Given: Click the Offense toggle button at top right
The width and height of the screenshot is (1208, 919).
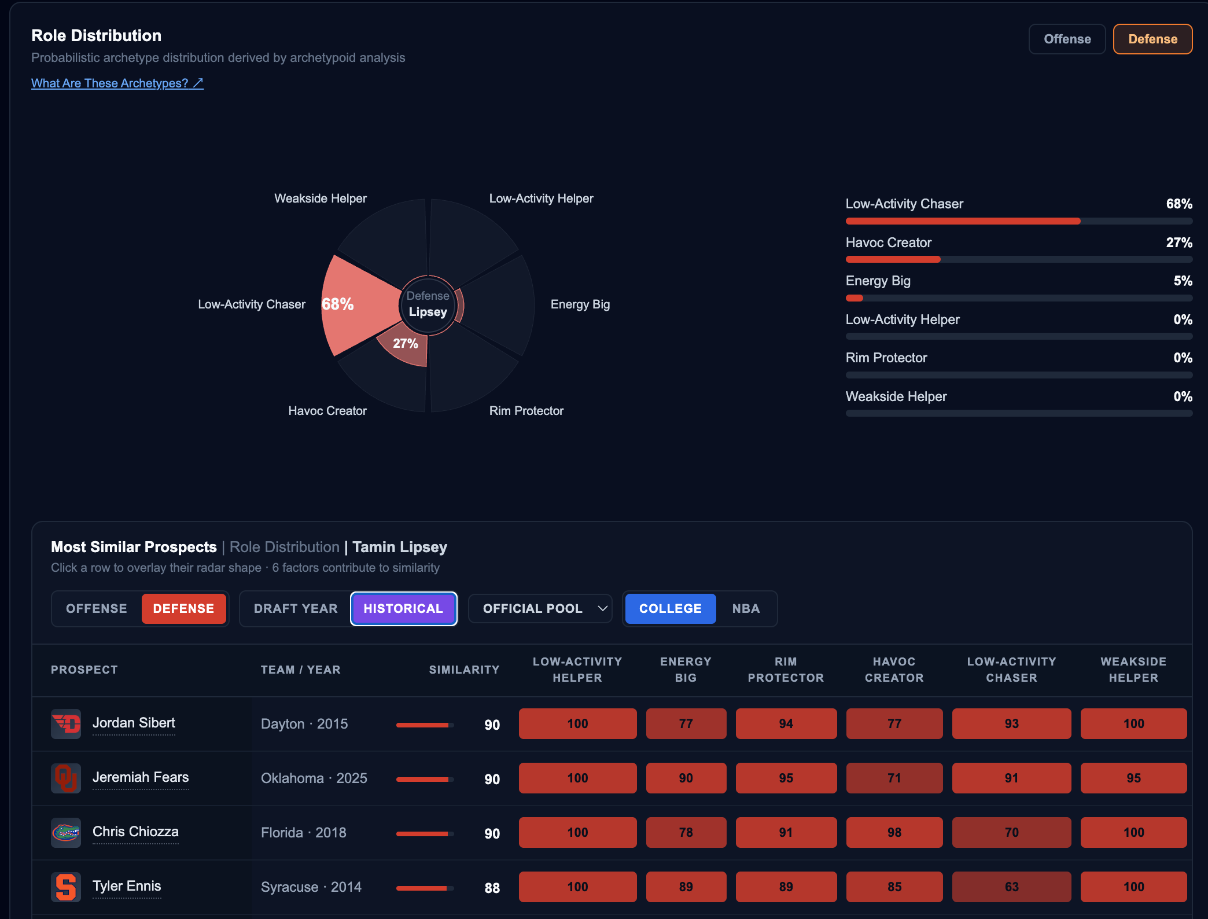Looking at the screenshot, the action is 1067,39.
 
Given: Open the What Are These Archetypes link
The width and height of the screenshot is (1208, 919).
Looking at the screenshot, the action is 117,83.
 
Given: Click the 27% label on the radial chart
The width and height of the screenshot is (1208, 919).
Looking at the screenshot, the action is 405,343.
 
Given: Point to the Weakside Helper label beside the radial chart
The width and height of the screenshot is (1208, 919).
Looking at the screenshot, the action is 321,198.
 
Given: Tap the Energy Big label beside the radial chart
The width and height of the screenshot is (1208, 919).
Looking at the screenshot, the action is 580,304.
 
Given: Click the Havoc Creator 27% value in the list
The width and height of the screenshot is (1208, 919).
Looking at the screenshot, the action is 1179,242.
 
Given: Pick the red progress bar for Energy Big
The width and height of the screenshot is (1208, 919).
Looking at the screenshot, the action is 855,298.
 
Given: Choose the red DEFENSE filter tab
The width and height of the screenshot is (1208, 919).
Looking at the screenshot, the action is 183,608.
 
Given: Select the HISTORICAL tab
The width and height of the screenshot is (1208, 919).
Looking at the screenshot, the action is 403,608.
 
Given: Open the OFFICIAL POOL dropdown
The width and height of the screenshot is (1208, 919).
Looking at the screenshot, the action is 540,608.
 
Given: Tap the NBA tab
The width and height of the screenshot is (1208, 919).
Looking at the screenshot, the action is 746,608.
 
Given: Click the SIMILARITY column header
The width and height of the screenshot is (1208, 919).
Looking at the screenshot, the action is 464,670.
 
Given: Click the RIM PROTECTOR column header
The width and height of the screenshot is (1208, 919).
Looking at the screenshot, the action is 786,670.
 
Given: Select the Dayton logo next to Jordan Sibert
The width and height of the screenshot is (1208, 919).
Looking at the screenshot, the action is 66,724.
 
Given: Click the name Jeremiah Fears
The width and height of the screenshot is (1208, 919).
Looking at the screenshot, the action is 141,777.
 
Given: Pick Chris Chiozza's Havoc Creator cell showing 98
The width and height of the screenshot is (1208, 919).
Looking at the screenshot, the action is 894,832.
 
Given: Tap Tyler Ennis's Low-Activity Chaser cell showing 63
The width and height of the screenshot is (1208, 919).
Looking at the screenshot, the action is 1011,887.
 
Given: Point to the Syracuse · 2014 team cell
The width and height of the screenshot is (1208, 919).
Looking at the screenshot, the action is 311,887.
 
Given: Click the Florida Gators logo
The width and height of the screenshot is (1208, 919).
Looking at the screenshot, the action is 66,833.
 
